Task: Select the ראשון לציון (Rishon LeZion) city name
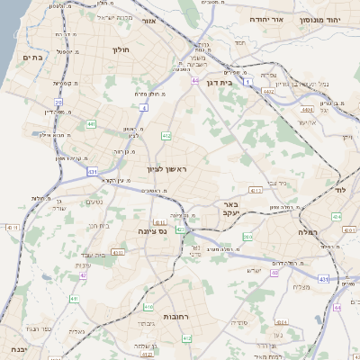click(x=169, y=169)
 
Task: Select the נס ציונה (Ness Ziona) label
click(x=148, y=230)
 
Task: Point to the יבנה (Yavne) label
click(x=13, y=349)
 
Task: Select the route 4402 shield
click(x=267, y=91)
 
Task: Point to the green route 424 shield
click(x=336, y=217)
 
